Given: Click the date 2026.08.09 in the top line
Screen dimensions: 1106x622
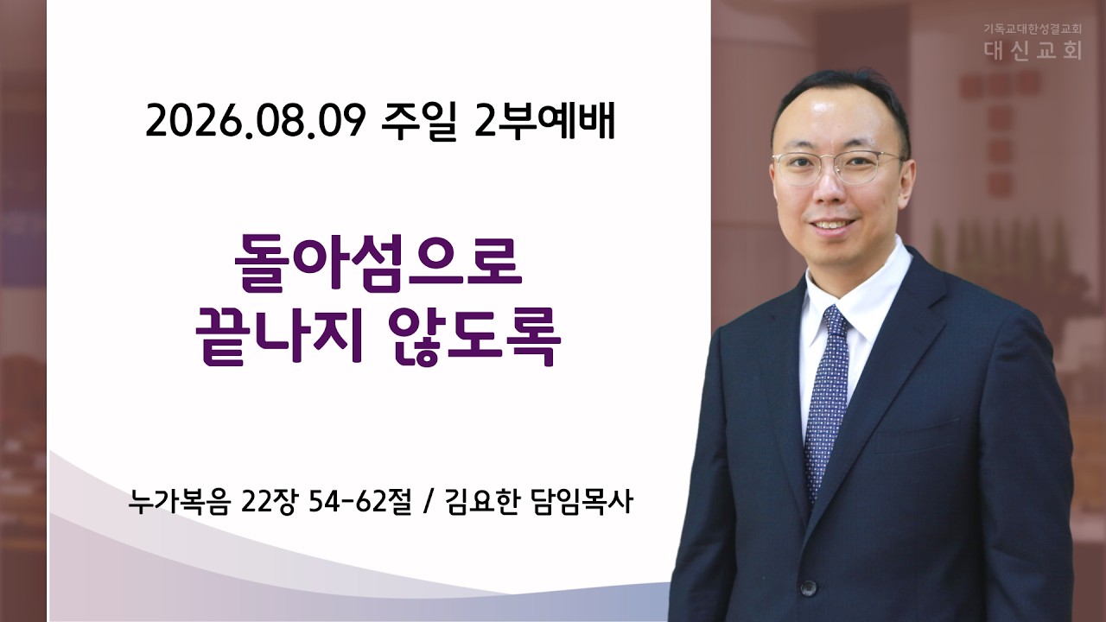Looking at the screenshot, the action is (x=255, y=122).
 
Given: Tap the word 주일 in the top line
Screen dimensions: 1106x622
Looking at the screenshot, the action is (x=419, y=122).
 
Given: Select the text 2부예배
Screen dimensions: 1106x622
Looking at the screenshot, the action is (x=544, y=122).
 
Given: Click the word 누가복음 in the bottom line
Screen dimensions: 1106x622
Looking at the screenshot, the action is (x=179, y=502).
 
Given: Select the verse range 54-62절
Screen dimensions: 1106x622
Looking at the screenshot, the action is (x=359, y=502).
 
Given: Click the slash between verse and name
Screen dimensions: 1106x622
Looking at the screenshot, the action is (x=428, y=503).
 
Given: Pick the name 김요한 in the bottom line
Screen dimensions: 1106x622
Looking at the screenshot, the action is (x=481, y=502).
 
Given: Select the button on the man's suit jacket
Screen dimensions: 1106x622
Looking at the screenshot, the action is (x=808, y=587).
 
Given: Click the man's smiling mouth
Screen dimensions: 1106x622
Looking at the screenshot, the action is (x=831, y=224).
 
